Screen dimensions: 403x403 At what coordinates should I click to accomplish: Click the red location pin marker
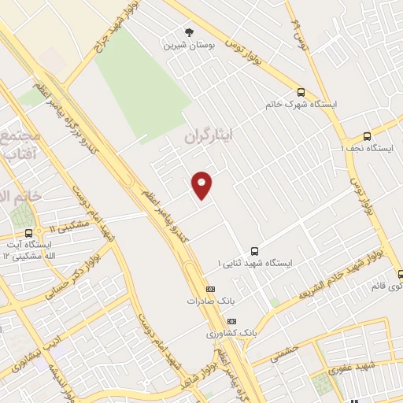[203, 184]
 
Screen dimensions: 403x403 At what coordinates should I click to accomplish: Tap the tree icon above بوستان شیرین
[187, 32]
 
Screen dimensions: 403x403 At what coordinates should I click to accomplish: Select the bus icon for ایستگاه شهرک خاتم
[301, 92]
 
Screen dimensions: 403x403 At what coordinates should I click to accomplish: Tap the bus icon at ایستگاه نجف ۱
[367, 135]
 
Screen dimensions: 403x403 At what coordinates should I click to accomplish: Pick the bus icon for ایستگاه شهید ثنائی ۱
[253, 250]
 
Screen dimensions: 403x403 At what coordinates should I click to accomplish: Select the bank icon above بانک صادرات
[209, 289]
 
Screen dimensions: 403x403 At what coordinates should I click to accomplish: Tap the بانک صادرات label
[206, 301]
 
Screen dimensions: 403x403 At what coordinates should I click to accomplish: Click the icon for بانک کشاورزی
[231, 321]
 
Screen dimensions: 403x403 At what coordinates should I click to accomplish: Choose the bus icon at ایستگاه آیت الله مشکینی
[29, 233]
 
